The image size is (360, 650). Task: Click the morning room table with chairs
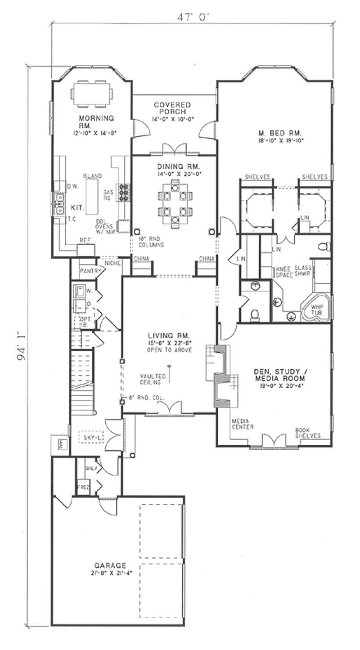click(x=92, y=94)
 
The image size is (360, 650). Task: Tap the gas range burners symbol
click(x=123, y=192)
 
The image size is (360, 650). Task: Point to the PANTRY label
click(x=89, y=271)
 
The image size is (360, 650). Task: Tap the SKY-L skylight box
click(x=91, y=436)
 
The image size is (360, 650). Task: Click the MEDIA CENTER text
click(x=243, y=424)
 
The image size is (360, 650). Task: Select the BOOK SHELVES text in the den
click(x=308, y=433)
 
